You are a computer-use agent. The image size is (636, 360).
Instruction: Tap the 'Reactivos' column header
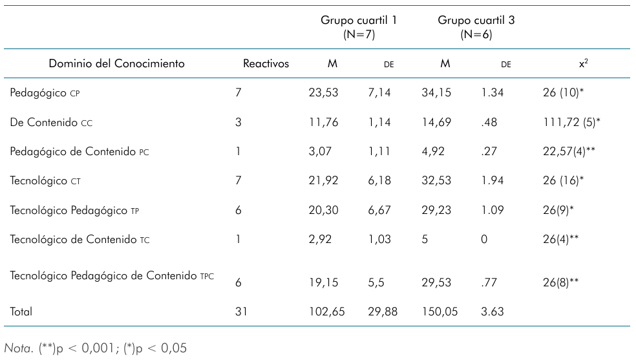click(266, 63)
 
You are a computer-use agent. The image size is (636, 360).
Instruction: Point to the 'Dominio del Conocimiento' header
click(117, 63)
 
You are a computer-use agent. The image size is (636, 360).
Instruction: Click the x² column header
click(583, 63)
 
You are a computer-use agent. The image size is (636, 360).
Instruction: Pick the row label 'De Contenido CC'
click(51, 122)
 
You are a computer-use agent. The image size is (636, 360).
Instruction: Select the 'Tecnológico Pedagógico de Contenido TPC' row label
click(112, 276)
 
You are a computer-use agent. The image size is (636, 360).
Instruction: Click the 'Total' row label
click(21, 312)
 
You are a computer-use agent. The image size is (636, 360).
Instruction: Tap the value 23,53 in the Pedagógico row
click(323, 93)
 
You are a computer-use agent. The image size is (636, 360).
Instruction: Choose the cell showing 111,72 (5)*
click(571, 122)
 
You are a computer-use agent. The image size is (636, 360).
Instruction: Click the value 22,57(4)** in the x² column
click(569, 152)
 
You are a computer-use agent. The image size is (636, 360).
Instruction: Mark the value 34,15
click(436, 93)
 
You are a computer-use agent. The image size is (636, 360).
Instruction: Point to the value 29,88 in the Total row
click(383, 312)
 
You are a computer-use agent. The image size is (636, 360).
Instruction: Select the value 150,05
click(440, 312)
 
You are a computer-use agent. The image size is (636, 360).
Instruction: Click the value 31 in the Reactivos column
click(241, 312)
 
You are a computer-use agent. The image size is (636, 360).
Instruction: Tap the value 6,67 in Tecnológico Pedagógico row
click(379, 211)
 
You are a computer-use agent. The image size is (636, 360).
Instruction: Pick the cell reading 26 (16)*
click(563, 181)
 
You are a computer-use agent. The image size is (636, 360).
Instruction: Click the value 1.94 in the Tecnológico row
click(492, 181)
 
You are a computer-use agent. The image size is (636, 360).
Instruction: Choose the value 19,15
click(323, 282)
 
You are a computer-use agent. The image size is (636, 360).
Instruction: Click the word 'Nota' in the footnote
click(18, 348)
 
